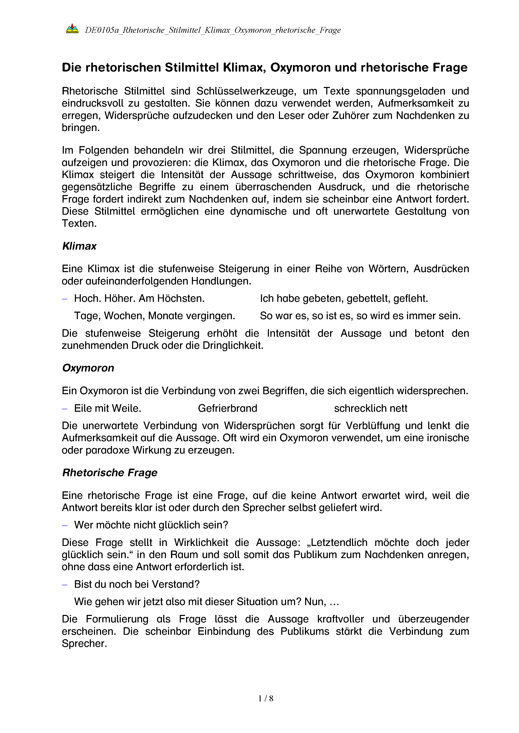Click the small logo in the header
pyautogui.click(x=72, y=29)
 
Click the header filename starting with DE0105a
pyautogui.click(x=213, y=30)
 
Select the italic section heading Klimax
pyautogui.click(x=79, y=246)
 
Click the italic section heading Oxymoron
pyautogui.click(x=88, y=368)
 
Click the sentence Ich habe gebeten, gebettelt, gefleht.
pyautogui.click(x=344, y=298)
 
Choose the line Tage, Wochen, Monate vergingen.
pyautogui.click(x=154, y=316)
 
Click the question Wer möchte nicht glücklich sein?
pyautogui.click(x=151, y=525)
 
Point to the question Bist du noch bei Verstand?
pyautogui.click(x=137, y=584)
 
